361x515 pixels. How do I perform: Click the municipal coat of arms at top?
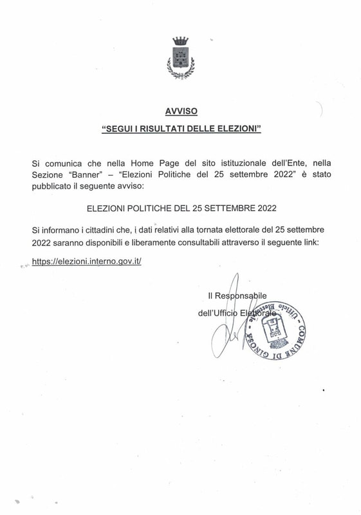180,59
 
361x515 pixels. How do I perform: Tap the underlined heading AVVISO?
180,111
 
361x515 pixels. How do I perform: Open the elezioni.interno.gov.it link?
86,261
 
